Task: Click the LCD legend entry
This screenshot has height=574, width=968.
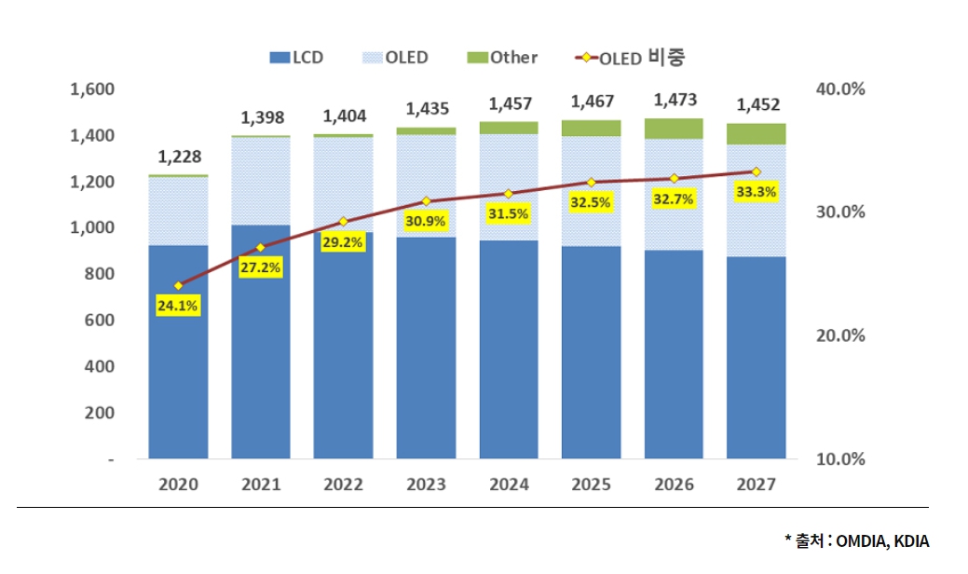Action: pos(296,58)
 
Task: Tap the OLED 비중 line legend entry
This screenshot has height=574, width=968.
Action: pos(634,58)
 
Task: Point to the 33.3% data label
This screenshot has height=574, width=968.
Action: pos(755,191)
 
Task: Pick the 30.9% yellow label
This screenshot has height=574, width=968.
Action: pos(425,221)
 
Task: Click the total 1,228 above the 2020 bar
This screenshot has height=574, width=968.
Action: pos(179,157)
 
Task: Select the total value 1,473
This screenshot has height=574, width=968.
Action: pos(673,100)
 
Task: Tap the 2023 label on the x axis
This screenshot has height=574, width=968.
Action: pos(426,485)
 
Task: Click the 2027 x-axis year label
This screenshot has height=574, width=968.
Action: pos(756,485)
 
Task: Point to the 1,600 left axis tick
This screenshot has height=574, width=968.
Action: pos(91,89)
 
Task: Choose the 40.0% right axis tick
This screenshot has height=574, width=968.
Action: pos(841,89)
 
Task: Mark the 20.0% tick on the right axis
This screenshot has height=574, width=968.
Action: pos(841,335)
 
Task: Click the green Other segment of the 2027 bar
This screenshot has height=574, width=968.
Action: pos(756,134)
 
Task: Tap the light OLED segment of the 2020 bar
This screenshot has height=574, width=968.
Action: pos(178,211)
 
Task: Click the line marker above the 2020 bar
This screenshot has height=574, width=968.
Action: pos(178,285)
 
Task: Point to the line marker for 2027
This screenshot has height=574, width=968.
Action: pos(756,171)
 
